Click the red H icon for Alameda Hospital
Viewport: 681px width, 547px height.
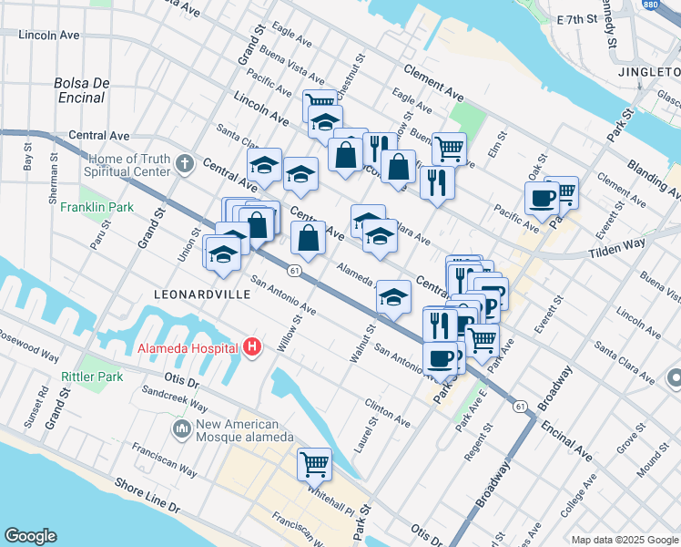click(x=252, y=347)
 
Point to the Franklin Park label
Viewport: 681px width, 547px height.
click(x=97, y=207)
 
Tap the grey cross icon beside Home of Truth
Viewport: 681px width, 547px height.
click(x=185, y=164)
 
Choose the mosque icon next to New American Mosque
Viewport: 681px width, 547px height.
click(x=181, y=428)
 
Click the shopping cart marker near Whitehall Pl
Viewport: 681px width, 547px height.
click(x=314, y=464)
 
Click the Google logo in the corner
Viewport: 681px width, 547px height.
click(x=30, y=536)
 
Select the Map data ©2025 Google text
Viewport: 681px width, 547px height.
click(x=624, y=540)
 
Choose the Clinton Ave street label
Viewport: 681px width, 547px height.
click(x=387, y=412)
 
